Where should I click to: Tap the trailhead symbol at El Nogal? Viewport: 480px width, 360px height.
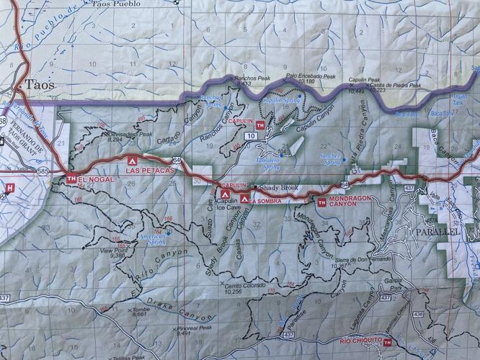[71, 178]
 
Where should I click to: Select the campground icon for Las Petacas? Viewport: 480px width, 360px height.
[131, 162]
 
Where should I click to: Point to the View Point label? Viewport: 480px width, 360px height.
[115, 252]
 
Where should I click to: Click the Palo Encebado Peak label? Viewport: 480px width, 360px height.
[311, 76]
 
